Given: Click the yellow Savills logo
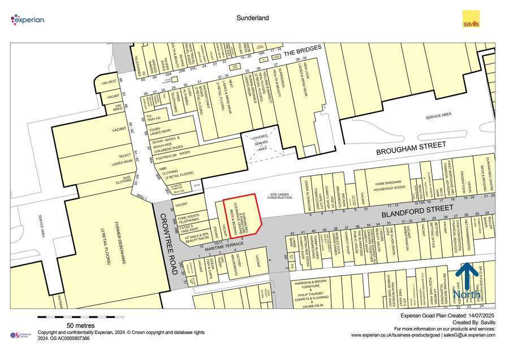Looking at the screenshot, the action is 471,19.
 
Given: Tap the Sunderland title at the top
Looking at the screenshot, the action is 252,18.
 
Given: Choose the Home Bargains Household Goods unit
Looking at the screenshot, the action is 387,184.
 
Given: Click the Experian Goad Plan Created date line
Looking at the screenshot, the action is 447,315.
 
